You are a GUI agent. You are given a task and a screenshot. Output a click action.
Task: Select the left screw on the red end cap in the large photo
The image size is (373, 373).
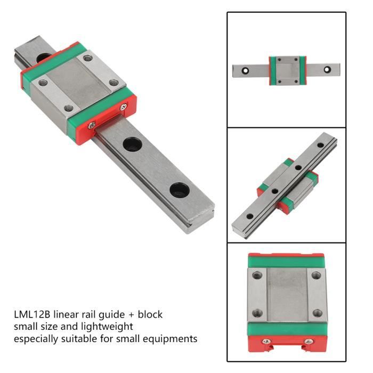tap(92, 125)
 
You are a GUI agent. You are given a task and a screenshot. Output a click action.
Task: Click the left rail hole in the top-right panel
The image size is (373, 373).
tap(245, 69)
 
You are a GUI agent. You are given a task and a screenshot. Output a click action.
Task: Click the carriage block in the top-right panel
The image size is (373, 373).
tap(286, 70)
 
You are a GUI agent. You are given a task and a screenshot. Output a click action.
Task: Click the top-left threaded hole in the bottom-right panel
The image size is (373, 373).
tap(258, 275)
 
